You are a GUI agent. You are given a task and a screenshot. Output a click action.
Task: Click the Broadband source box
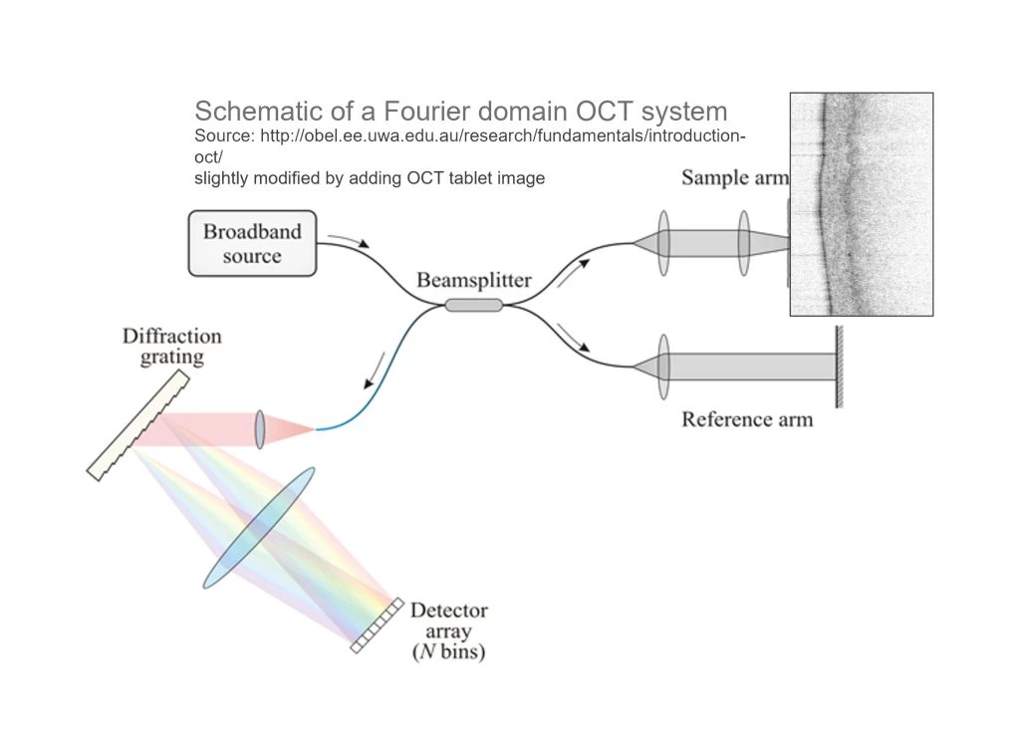coord(253,242)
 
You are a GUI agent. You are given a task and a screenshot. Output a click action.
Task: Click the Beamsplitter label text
coord(474,281)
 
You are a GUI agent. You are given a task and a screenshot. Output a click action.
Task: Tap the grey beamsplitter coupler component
coord(473,305)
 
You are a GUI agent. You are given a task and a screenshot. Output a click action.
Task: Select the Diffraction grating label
coord(171,346)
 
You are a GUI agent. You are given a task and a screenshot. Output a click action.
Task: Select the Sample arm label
coord(734,178)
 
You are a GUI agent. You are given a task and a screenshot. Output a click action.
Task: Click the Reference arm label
coord(746,419)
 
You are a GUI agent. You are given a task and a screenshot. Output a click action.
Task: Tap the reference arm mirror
coord(839,367)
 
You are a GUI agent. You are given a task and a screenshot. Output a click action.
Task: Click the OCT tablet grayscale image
coord(862,204)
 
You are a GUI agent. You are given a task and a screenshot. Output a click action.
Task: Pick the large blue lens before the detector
coord(259,528)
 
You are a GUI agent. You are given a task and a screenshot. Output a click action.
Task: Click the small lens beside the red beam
coord(260,429)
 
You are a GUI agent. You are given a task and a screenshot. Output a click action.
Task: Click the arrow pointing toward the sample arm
coord(576,270)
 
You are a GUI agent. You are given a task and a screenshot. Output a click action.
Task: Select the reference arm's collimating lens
coord(663,367)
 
